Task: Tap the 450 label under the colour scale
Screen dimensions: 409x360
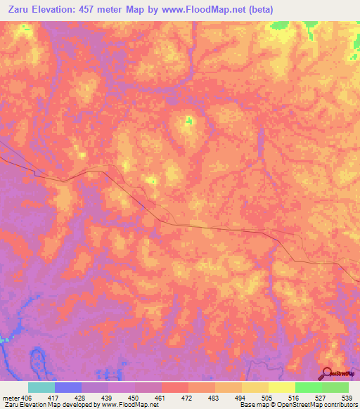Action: (x=136, y=397)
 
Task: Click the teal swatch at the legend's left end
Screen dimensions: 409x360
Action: (x=41, y=387)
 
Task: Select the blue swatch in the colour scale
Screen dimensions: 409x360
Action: (x=68, y=387)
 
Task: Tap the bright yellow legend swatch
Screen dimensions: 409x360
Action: (x=282, y=387)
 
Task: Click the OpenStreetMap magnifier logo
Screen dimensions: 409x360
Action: (x=328, y=374)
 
